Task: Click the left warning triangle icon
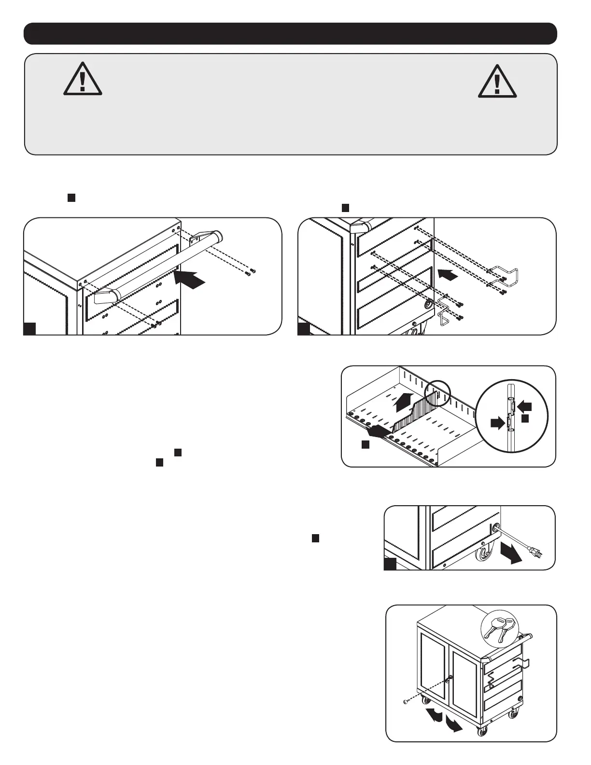83,80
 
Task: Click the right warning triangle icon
497,81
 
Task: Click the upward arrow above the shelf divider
404,401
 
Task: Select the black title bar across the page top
290,33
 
